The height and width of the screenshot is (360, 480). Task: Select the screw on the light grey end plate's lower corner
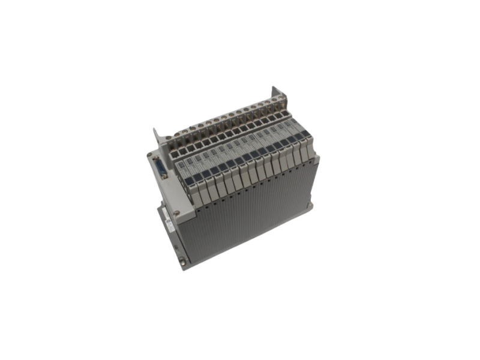click(176, 212)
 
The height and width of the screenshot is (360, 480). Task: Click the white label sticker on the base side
click(169, 224)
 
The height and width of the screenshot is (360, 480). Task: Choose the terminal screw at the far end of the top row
click(275, 100)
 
